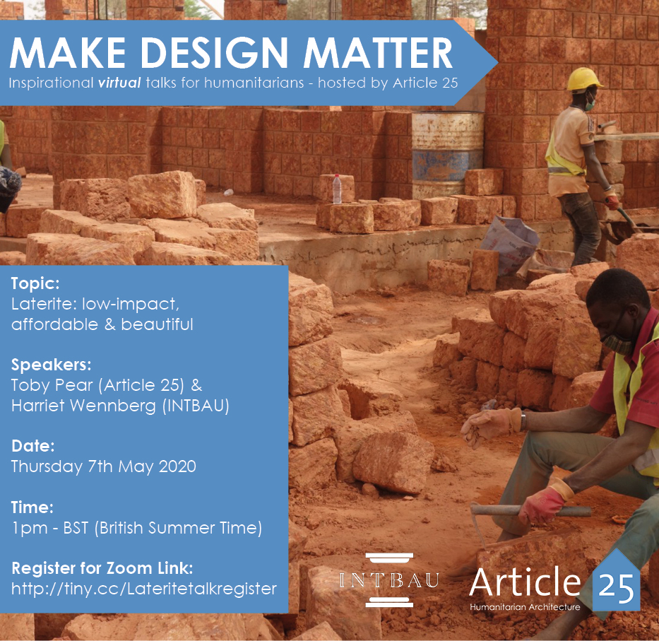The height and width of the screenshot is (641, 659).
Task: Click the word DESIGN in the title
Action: (213, 53)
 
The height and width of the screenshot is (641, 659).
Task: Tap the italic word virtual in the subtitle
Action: (119, 83)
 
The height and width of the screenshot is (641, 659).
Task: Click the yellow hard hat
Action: (583, 78)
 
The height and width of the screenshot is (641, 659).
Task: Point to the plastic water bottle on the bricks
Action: (337, 189)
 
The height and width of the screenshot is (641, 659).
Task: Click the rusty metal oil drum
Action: (447, 154)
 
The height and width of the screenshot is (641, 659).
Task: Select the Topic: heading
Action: (35, 283)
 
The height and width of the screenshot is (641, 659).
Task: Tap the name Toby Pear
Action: (52, 385)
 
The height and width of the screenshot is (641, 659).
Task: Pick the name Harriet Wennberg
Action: (83, 406)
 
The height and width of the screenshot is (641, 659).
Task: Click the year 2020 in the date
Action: (177, 466)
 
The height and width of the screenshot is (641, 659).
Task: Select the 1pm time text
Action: (29, 529)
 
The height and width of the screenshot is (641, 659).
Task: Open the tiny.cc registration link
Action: (143, 589)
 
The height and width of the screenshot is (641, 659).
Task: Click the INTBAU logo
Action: (389, 580)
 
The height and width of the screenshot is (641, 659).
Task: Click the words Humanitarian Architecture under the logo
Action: (525, 607)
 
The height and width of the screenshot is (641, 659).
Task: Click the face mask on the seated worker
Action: (618, 342)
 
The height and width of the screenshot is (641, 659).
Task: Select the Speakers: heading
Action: (52, 365)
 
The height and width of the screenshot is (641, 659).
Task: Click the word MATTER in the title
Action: (377, 53)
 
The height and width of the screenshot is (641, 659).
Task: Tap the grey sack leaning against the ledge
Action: (509, 244)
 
